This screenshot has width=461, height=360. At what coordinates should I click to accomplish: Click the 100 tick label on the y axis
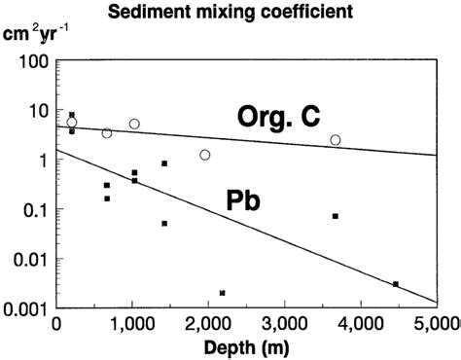(x=32, y=59)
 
